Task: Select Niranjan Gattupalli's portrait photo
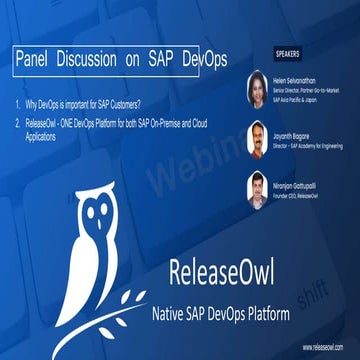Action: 256,187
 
